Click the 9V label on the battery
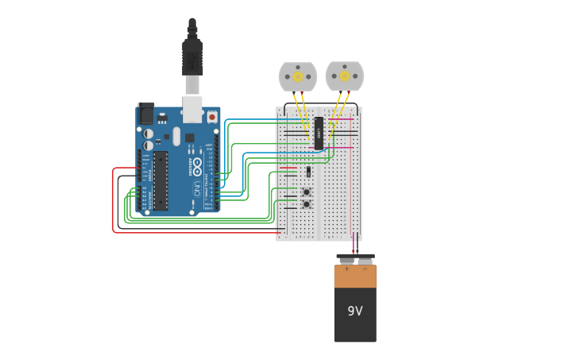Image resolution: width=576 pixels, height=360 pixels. pyautogui.click(x=355, y=311)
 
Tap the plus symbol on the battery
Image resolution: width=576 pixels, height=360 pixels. pyautogui.click(x=346, y=269)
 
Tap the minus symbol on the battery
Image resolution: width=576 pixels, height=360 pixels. pyautogui.click(x=365, y=269)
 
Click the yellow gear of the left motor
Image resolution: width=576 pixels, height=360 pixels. pyautogui.click(x=298, y=76)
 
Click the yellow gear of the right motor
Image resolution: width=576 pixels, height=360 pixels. pyautogui.click(x=345, y=76)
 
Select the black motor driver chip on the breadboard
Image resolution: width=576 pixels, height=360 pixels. pyautogui.click(x=319, y=134)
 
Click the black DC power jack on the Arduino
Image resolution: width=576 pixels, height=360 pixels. pyautogui.click(x=146, y=114)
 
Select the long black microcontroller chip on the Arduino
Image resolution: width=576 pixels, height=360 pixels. pyautogui.click(x=160, y=180)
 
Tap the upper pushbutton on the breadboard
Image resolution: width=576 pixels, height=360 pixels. pyautogui.click(x=306, y=192)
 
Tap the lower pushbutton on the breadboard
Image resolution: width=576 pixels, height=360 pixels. pyautogui.click(x=306, y=204)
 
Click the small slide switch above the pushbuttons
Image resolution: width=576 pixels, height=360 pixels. pyautogui.click(x=308, y=172)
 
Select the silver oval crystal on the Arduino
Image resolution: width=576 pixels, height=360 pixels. pyautogui.click(x=176, y=136)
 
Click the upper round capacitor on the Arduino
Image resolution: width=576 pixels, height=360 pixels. pyautogui.click(x=149, y=134)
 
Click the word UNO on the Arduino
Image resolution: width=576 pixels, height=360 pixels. pyautogui.click(x=196, y=189)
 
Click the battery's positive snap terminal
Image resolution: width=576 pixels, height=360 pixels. pyautogui.click(x=346, y=260)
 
